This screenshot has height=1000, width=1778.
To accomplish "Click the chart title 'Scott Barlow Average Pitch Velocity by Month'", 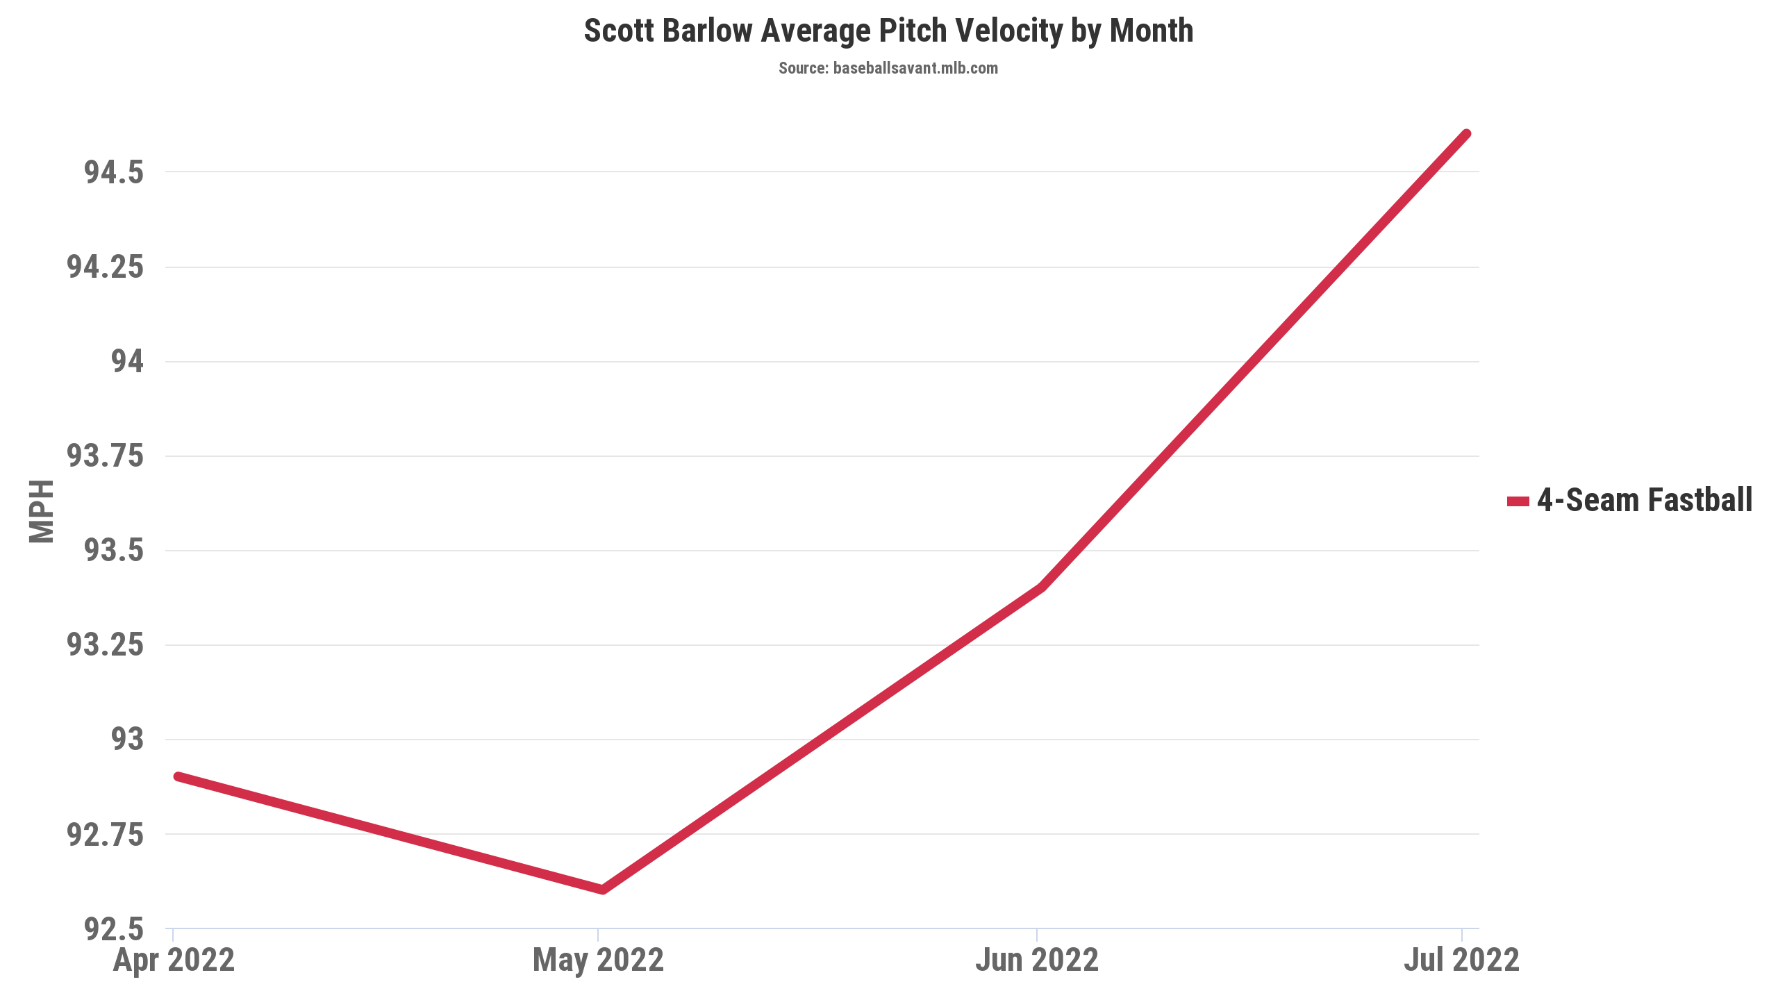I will pyautogui.click(x=888, y=31).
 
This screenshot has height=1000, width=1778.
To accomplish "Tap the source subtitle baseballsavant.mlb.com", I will pyautogui.click(x=888, y=68).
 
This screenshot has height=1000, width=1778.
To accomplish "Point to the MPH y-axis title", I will pyautogui.click(x=42, y=511).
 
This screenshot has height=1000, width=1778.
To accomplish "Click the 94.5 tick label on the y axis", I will pyautogui.click(x=114, y=172).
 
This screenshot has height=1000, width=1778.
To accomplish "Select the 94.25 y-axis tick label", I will pyautogui.click(x=105, y=267).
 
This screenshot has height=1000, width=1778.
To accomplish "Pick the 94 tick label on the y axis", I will pyautogui.click(x=128, y=361).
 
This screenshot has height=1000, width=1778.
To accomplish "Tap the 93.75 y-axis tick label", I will pyautogui.click(x=105, y=456).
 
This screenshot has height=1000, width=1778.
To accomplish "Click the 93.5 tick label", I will pyautogui.click(x=114, y=551).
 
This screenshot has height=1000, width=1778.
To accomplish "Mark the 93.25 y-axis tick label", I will pyautogui.click(x=105, y=645).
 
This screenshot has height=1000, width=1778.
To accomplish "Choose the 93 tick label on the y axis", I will pyautogui.click(x=128, y=740).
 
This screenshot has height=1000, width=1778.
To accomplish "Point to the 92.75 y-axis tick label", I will pyautogui.click(x=105, y=834).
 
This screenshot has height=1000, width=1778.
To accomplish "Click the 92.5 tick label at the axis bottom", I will pyautogui.click(x=114, y=928).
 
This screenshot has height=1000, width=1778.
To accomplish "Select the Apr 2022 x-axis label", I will pyautogui.click(x=174, y=960).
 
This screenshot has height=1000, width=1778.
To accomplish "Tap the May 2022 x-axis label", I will pyautogui.click(x=598, y=960).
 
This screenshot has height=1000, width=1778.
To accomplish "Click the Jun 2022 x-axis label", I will pyautogui.click(x=1037, y=960).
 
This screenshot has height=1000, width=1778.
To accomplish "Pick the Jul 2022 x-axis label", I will pyautogui.click(x=1461, y=960).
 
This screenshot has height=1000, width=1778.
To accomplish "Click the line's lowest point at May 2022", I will pyautogui.click(x=601, y=890).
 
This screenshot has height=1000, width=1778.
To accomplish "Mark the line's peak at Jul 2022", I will pyautogui.click(x=1466, y=134).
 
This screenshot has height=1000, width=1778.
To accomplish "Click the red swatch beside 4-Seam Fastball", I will pyautogui.click(x=1518, y=501).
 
